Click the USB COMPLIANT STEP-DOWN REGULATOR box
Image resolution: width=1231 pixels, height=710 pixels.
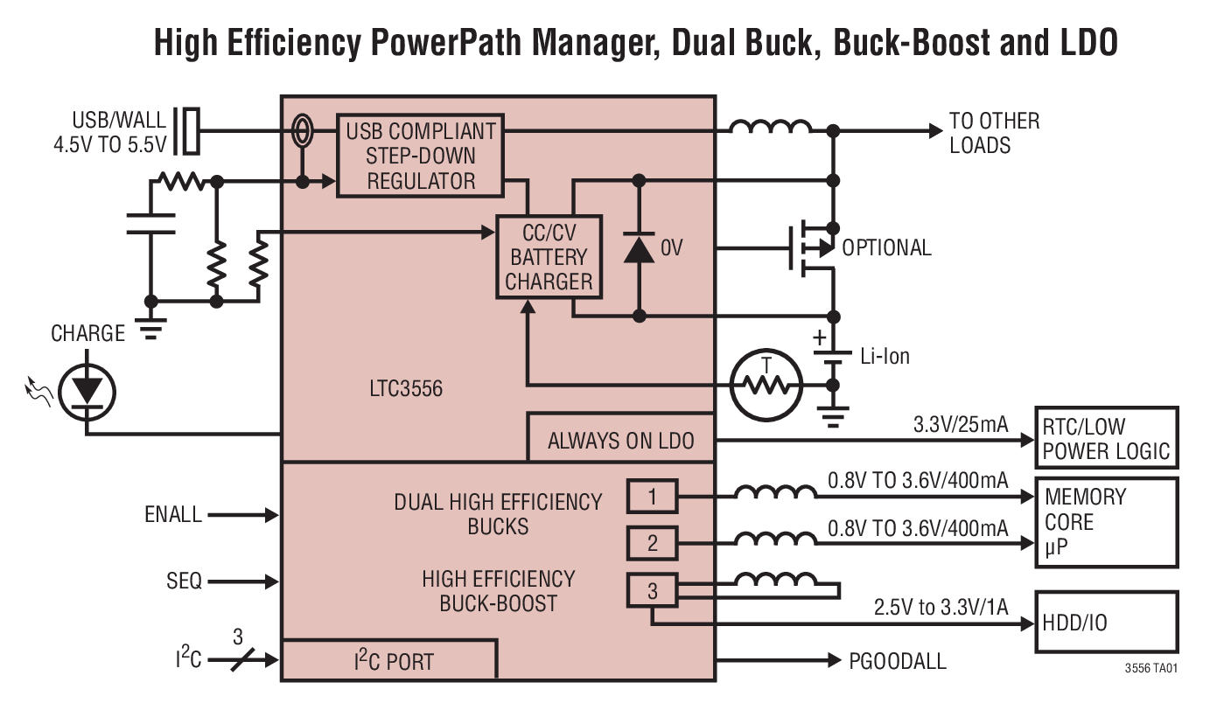point(421,156)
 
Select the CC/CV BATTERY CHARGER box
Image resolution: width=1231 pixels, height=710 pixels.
point(549,257)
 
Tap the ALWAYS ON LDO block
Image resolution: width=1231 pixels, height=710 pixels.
point(620,440)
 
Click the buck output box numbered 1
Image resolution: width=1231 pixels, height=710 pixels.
point(652,498)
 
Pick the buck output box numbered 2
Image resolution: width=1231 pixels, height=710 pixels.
point(652,544)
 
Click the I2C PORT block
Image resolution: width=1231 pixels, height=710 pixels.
point(388,661)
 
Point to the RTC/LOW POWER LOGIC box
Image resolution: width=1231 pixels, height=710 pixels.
point(1106,439)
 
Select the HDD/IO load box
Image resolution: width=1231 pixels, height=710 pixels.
point(1106,623)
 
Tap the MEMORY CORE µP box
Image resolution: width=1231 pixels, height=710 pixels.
point(1106,522)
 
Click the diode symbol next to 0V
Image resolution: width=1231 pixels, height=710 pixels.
point(639,247)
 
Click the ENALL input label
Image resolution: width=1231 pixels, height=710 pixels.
point(173,515)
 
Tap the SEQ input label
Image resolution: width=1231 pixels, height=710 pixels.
point(184,581)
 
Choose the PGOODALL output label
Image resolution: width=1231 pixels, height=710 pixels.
point(898,661)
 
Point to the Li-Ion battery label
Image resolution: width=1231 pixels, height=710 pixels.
point(885,356)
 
